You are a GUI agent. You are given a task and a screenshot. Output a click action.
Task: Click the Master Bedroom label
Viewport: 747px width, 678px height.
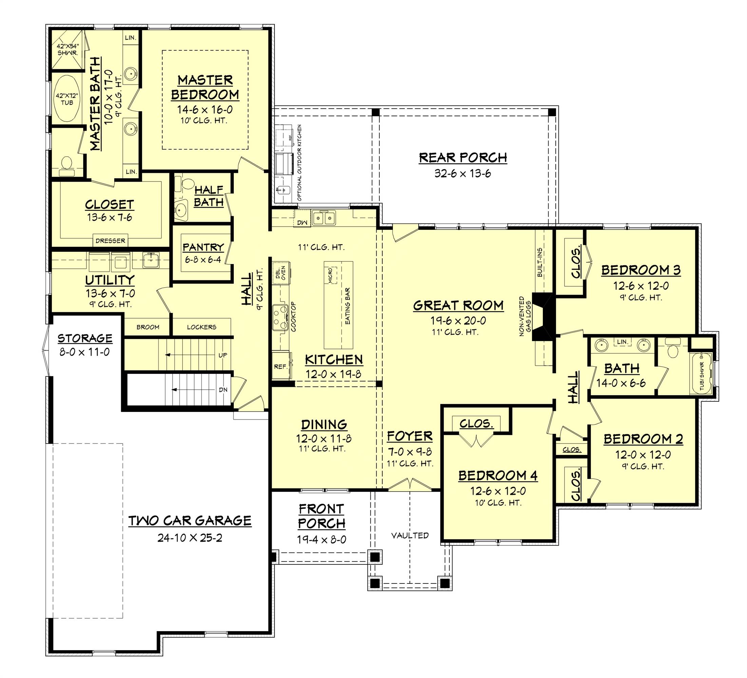tap(205, 87)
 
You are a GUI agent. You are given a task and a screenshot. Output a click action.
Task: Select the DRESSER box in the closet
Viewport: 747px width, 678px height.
tap(110, 241)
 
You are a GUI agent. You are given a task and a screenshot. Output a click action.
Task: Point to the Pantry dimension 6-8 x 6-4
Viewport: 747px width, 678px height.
tap(203, 260)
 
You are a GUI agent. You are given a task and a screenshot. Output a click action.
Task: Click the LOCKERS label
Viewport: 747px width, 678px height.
tap(202, 327)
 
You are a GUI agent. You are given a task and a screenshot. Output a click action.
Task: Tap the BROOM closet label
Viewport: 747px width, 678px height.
tap(148, 327)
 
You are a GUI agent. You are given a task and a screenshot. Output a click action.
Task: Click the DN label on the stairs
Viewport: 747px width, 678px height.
tap(223, 390)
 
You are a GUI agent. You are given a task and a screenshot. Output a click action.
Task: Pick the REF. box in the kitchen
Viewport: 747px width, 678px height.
tap(281, 366)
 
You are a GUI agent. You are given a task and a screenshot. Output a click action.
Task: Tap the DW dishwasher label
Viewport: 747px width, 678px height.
tap(302, 222)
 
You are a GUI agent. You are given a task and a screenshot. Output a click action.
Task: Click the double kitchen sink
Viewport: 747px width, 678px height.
tap(324, 218)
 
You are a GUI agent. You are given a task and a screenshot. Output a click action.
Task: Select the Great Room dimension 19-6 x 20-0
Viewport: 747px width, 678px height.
tap(458, 321)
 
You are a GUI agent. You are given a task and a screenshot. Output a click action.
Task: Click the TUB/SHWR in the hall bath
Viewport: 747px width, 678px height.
tap(702, 374)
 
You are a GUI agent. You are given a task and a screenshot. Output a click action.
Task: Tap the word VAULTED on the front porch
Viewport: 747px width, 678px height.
tap(410, 535)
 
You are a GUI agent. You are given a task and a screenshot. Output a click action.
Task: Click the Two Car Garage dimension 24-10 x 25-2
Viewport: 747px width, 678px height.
tap(190, 538)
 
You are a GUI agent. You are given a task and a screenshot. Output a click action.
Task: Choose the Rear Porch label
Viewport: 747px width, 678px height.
tap(463, 157)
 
